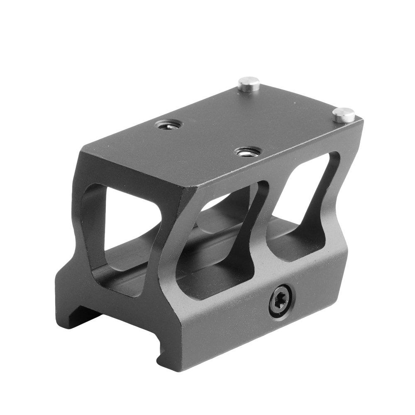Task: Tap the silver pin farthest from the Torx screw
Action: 248,85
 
